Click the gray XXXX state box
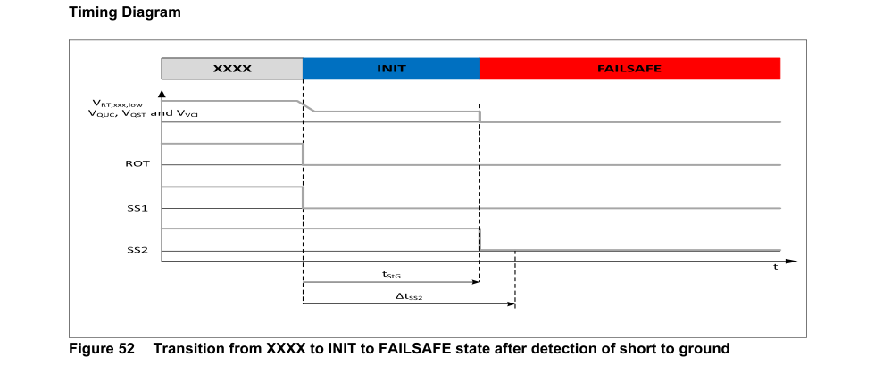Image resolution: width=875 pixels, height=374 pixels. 232,68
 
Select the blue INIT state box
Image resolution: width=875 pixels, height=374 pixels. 391,68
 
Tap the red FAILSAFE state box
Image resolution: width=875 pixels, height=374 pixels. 630,68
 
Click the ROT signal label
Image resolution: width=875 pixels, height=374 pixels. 137,164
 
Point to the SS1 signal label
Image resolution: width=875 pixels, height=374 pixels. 137,208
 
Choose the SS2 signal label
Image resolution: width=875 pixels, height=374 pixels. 137,251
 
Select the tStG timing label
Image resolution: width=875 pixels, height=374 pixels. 390,275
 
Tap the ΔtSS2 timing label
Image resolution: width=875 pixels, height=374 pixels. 409,297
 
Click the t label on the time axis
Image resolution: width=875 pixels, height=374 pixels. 775,267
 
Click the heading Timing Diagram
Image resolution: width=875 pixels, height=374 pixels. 125,12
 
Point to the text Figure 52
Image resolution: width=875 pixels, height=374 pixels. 102,349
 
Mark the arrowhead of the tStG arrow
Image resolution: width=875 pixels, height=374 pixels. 476,282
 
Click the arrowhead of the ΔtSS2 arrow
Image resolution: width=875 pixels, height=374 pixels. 511,304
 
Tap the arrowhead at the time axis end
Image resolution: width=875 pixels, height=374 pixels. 794,261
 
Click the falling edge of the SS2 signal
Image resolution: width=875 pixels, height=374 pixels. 479,239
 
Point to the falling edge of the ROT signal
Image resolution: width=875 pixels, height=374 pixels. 303,154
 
